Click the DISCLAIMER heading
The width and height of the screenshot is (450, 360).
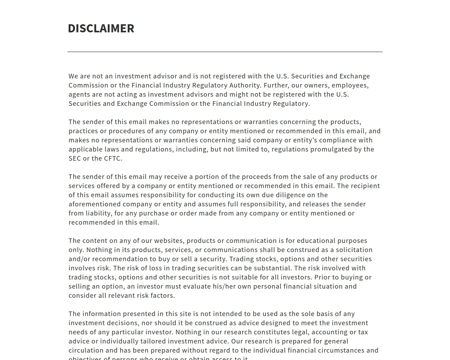[101, 28]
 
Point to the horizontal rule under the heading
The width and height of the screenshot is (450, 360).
[225, 52]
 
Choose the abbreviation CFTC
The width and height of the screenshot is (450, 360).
[112, 159]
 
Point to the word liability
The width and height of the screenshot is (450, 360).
[99, 213]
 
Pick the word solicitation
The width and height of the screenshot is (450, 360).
[354, 250]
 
